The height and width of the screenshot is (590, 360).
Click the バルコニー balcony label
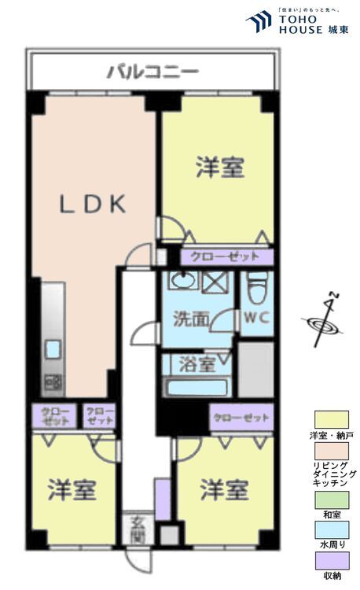[x=152, y=73]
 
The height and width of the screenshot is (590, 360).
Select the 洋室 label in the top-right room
[x=220, y=167]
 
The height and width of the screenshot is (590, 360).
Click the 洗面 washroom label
[x=191, y=319]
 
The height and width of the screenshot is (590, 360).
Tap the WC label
[x=255, y=319]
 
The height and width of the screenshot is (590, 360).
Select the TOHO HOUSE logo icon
[x=259, y=21]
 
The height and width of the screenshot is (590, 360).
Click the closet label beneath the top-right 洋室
[x=226, y=257]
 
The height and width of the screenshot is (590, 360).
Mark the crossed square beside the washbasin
[x=214, y=281]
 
